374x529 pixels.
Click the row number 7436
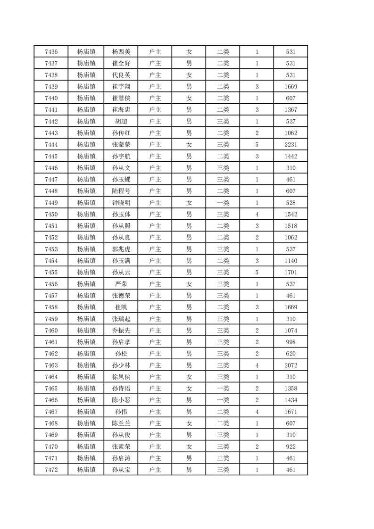click(51, 52)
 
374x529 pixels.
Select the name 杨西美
click(121, 52)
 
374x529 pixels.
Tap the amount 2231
click(291, 145)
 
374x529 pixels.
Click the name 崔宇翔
click(121, 87)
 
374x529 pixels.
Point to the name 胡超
click(121, 122)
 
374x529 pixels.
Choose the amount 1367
click(291, 110)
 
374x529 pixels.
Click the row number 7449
click(51, 203)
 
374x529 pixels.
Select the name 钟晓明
click(121, 203)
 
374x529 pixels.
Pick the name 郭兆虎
click(121, 249)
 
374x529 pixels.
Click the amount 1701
click(291, 273)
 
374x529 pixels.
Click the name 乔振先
click(121, 331)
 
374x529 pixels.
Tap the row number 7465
click(51, 388)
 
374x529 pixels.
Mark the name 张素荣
click(121, 446)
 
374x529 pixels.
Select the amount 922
click(291, 446)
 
